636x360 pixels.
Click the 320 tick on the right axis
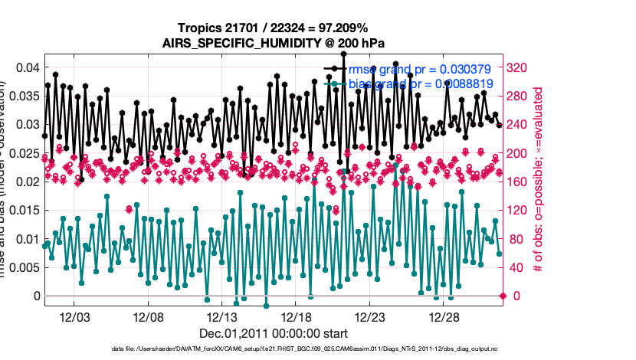click(519, 67)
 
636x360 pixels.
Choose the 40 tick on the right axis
click(516, 267)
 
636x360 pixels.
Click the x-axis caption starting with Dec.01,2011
click(274, 333)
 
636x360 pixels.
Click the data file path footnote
click(274, 349)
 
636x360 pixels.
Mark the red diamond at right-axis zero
click(503, 296)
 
